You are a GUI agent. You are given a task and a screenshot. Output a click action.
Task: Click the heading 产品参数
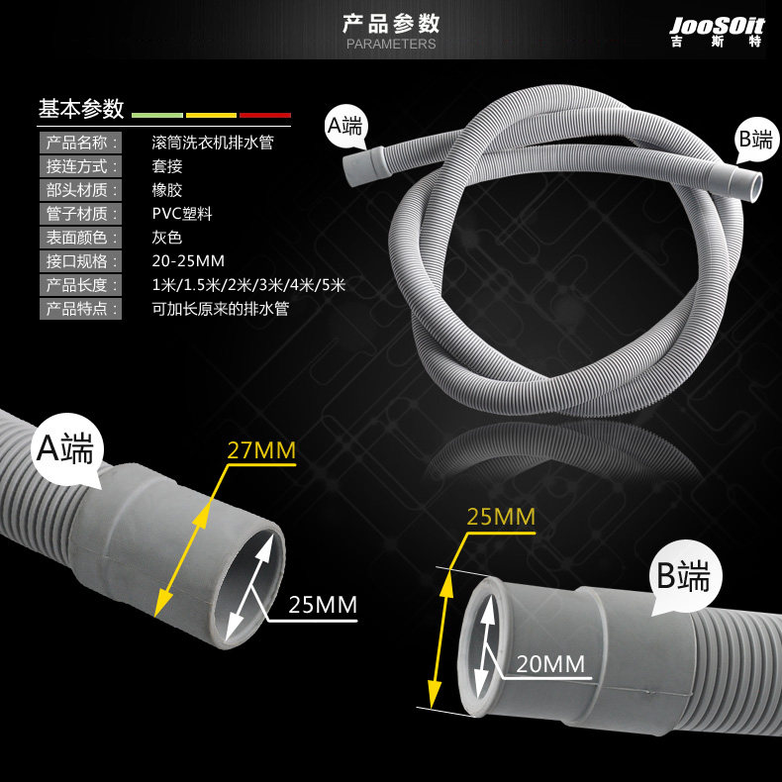pos(391,24)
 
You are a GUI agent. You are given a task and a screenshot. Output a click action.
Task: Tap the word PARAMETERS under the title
pos(391,45)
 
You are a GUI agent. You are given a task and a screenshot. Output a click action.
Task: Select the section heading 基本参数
pos(81,108)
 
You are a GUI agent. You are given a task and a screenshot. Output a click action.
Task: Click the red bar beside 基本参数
pos(265,115)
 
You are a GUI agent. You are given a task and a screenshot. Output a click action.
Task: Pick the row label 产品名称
pos(81,143)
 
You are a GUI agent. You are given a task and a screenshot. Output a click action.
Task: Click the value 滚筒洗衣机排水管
pos(212,143)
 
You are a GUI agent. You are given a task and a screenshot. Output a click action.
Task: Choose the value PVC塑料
pos(183,214)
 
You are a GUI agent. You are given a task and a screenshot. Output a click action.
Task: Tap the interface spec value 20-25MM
pos(188,261)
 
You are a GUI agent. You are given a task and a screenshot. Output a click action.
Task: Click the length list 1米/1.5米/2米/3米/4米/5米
pos(248,285)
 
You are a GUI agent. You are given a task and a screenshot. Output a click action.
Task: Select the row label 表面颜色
pos(81,238)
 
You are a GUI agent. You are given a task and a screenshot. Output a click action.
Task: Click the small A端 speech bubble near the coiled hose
pos(346,126)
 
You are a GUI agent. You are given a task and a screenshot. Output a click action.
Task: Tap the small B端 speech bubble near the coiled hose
pos(754,141)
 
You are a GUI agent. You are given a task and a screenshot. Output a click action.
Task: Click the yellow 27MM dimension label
pos(262,451)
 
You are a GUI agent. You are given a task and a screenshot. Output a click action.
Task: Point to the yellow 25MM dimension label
pos(501,517)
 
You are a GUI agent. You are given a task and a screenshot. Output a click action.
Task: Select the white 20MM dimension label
pos(550,664)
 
